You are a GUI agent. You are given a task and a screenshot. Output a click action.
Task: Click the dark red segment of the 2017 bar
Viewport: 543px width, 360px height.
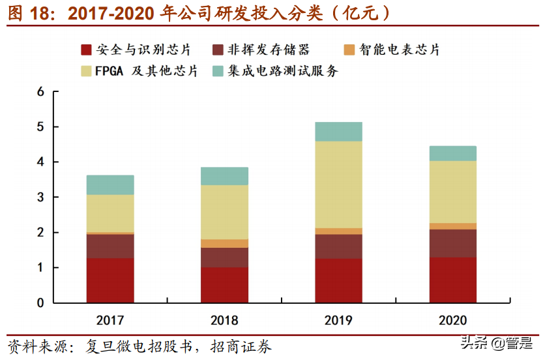click(x=110, y=280)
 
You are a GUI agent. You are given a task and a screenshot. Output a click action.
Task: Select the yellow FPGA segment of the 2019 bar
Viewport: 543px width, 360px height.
click(x=338, y=185)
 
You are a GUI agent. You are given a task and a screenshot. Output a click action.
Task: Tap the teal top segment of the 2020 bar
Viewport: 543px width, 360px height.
click(x=453, y=153)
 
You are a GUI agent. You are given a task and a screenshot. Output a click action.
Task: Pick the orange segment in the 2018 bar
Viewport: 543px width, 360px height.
click(x=224, y=243)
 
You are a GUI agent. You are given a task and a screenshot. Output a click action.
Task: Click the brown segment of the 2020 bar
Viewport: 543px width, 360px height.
click(x=453, y=243)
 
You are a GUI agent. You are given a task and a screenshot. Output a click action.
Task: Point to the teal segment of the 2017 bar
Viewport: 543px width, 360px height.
click(x=110, y=185)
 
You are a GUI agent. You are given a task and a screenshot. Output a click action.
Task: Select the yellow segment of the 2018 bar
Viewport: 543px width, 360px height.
click(x=224, y=212)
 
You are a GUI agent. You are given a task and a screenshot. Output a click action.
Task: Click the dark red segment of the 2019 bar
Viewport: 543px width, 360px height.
click(x=338, y=280)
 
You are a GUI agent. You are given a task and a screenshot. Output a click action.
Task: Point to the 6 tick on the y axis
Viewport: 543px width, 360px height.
click(x=40, y=92)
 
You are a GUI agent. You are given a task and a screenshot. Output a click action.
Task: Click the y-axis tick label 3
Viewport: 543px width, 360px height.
click(x=40, y=198)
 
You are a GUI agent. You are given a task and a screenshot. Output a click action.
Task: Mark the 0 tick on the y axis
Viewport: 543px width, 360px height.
click(x=40, y=303)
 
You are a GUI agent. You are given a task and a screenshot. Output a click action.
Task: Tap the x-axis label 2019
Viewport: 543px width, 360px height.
click(x=338, y=320)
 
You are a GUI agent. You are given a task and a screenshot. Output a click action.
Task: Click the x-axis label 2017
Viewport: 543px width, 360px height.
click(x=110, y=320)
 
